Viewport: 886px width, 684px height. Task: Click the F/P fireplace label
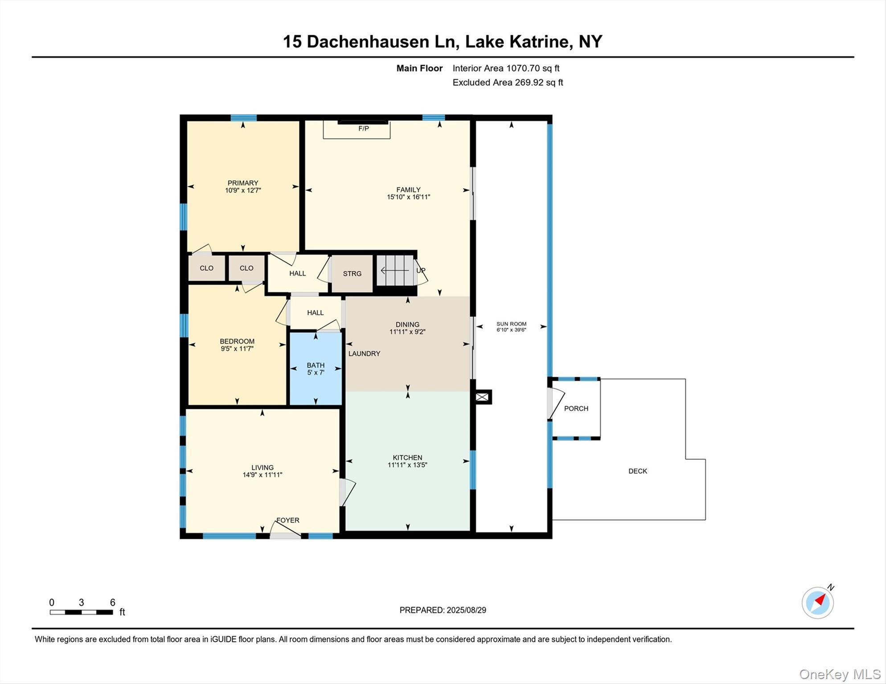click(363, 129)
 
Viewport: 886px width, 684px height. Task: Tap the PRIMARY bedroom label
click(242, 183)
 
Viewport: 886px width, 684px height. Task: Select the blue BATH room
click(316, 369)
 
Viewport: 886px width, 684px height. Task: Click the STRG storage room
click(352, 273)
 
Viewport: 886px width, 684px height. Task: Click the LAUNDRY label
click(364, 354)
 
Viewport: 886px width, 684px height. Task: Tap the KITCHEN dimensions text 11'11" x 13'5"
click(407, 465)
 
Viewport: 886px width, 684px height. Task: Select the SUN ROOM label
click(511, 324)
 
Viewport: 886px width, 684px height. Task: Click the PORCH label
click(576, 408)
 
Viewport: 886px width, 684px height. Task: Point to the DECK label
click(637, 471)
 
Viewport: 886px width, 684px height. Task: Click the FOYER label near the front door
click(287, 520)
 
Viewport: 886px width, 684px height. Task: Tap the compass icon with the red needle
click(817, 603)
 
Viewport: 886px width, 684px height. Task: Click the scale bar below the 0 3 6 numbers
click(81, 612)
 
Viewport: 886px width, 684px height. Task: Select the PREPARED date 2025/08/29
click(442, 610)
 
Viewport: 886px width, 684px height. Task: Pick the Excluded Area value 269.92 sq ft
click(539, 82)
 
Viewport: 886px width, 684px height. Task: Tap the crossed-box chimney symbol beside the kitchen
click(482, 397)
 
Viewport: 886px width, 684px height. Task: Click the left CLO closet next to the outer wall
click(206, 268)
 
